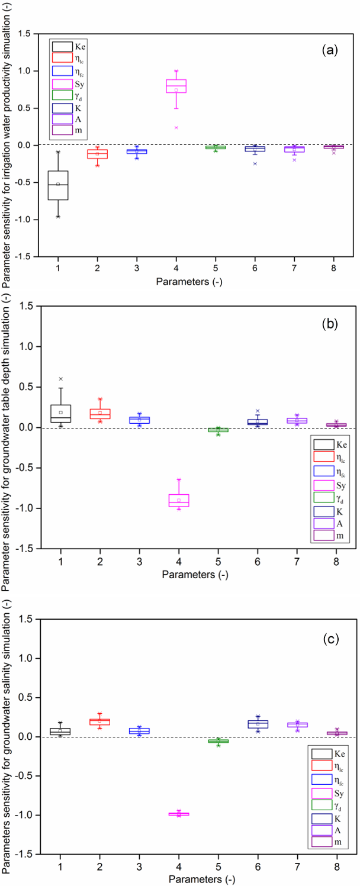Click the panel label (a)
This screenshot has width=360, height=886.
tap(329, 50)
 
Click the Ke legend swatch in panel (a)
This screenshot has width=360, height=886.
tap(62, 46)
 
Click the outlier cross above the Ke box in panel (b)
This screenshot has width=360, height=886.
tap(61, 379)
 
